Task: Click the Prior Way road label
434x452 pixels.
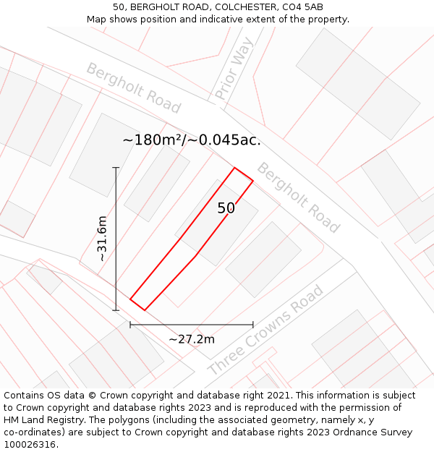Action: pyautogui.click(x=234, y=69)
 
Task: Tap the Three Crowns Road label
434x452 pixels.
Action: pyautogui.click(x=265, y=331)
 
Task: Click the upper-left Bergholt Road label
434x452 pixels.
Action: pyautogui.click(x=133, y=88)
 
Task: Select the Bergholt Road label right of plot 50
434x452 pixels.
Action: pyautogui.click(x=298, y=197)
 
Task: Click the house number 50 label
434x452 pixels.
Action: pyautogui.click(x=226, y=208)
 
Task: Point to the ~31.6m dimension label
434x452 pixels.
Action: pyautogui.click(x=102, y=239)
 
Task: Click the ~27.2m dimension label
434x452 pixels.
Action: pyautogui.click(x=192, y=339)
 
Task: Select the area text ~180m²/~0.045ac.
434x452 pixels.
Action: pyautogui.click(x=192, y=140)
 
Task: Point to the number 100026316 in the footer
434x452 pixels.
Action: pyautogui.click(x=29, y=445)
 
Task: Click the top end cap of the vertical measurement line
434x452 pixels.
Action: pyautogui.click(x=116, y=168)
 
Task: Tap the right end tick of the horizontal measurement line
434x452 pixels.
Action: pyautogui.click(x=253, y=325)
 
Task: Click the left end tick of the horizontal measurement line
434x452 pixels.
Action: pyautogui.click(x=130, y=325)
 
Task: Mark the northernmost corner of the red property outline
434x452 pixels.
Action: pyautogui.click(x=234, y=168)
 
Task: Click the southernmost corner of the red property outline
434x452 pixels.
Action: pyautogui.click(x=145, y=310)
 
